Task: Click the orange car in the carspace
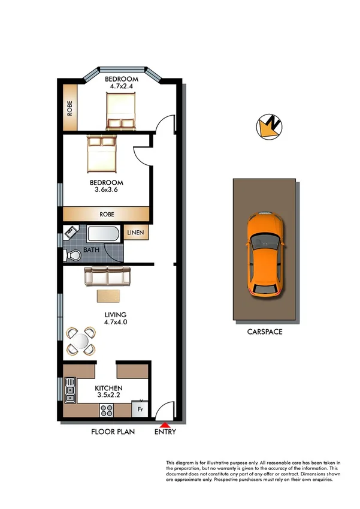pyautogui.click(x=264, y=254)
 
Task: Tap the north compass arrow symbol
pyautogui.click(x=269, y=127)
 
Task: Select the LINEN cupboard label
pyautogui.click(x=136, y=233)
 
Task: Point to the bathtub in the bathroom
pyautogui.click(x=104, y=234)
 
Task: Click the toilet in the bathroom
pyautogui.click(x=72, y=255)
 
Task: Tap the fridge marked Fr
pyautogui.click(x=140, y=409)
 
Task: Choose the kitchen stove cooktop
pyautogui.click(x=107, y=411)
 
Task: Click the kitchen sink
pyautogui.click(x=71, y=389)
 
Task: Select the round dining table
pyautogui.click(x=80, y=341)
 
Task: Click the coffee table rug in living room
pyautogui.click(x=108, y=296)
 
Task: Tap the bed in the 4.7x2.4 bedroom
pyautogui.click(x=120, y=113)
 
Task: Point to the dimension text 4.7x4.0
pyautogui.click(x=116, y=322)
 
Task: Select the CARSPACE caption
pyautogui.click(x=264, y=331)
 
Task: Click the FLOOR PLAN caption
pyautogui.click(x=113, y=432)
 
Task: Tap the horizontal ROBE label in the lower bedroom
pyautogui.click(x=107, y=213)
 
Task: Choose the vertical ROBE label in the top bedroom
pyautogui.click(x=70, y=106)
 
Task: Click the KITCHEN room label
pyautogui.click(x=109, y=388)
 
